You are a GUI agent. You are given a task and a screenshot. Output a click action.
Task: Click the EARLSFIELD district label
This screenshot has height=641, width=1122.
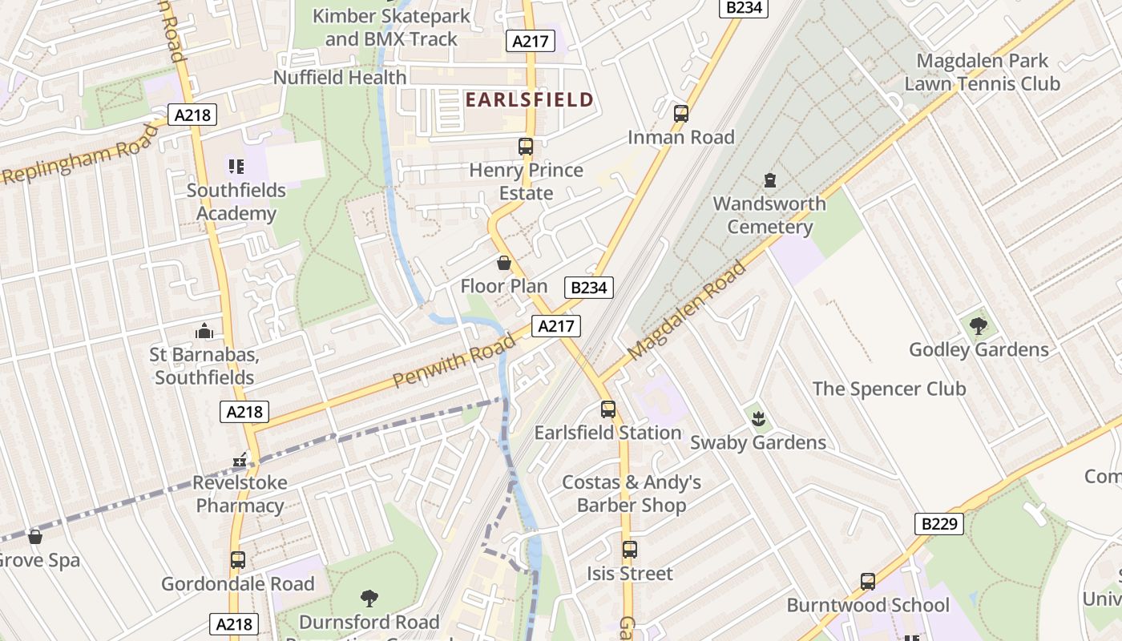pyautogui.click(x=529, y=100)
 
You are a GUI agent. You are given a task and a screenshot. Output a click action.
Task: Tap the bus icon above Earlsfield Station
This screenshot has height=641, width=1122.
pyautogui.click(x=608, y=409)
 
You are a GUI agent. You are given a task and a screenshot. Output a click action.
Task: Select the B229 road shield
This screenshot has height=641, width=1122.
pyautogui.click(x=938, y=524)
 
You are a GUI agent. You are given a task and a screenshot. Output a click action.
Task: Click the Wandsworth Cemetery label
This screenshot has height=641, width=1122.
pyautogui.click(x=769, y=215)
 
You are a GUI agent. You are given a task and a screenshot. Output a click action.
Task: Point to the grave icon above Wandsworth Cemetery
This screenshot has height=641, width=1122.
pyautogui.click(x=770, y=179)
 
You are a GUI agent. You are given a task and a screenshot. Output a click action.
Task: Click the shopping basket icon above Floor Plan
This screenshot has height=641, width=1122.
pyautogui.click(x=504, y=263)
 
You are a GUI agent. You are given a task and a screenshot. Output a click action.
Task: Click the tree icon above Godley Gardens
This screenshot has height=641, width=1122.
pyautogui.click(x=978, y=325)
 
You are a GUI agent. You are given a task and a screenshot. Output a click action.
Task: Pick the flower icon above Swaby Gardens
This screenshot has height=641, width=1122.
pyautogui.click(x=757, y=417)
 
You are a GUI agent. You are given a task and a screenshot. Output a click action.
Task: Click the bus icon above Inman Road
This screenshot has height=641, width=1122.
pyautogui.click(x=681, y=113)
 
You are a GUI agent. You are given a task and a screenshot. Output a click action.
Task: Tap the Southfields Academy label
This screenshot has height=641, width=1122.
pyautogui.click(x=236, y=202)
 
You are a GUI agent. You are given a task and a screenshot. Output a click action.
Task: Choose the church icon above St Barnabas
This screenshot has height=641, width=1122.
pyautogui.click(x=204, y=330)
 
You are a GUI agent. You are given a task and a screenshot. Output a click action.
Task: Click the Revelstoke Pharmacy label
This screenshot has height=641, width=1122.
pyautogui.click(x=240, y=494)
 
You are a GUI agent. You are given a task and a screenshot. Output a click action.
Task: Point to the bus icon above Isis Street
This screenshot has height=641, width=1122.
pyautogui.click(x=630, y=550)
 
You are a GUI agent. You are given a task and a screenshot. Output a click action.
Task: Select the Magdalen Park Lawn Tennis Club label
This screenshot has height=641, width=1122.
pyautogui.click(x=982, y=72)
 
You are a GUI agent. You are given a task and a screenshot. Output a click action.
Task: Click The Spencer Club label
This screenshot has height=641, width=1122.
pyautogui.click(x=889, y=389)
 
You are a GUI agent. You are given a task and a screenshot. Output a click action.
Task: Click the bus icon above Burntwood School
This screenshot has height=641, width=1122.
pyautogui.click(x=868, y=582)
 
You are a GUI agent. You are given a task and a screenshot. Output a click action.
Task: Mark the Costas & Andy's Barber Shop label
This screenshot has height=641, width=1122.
pyautogui.click(x=632, y=494)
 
